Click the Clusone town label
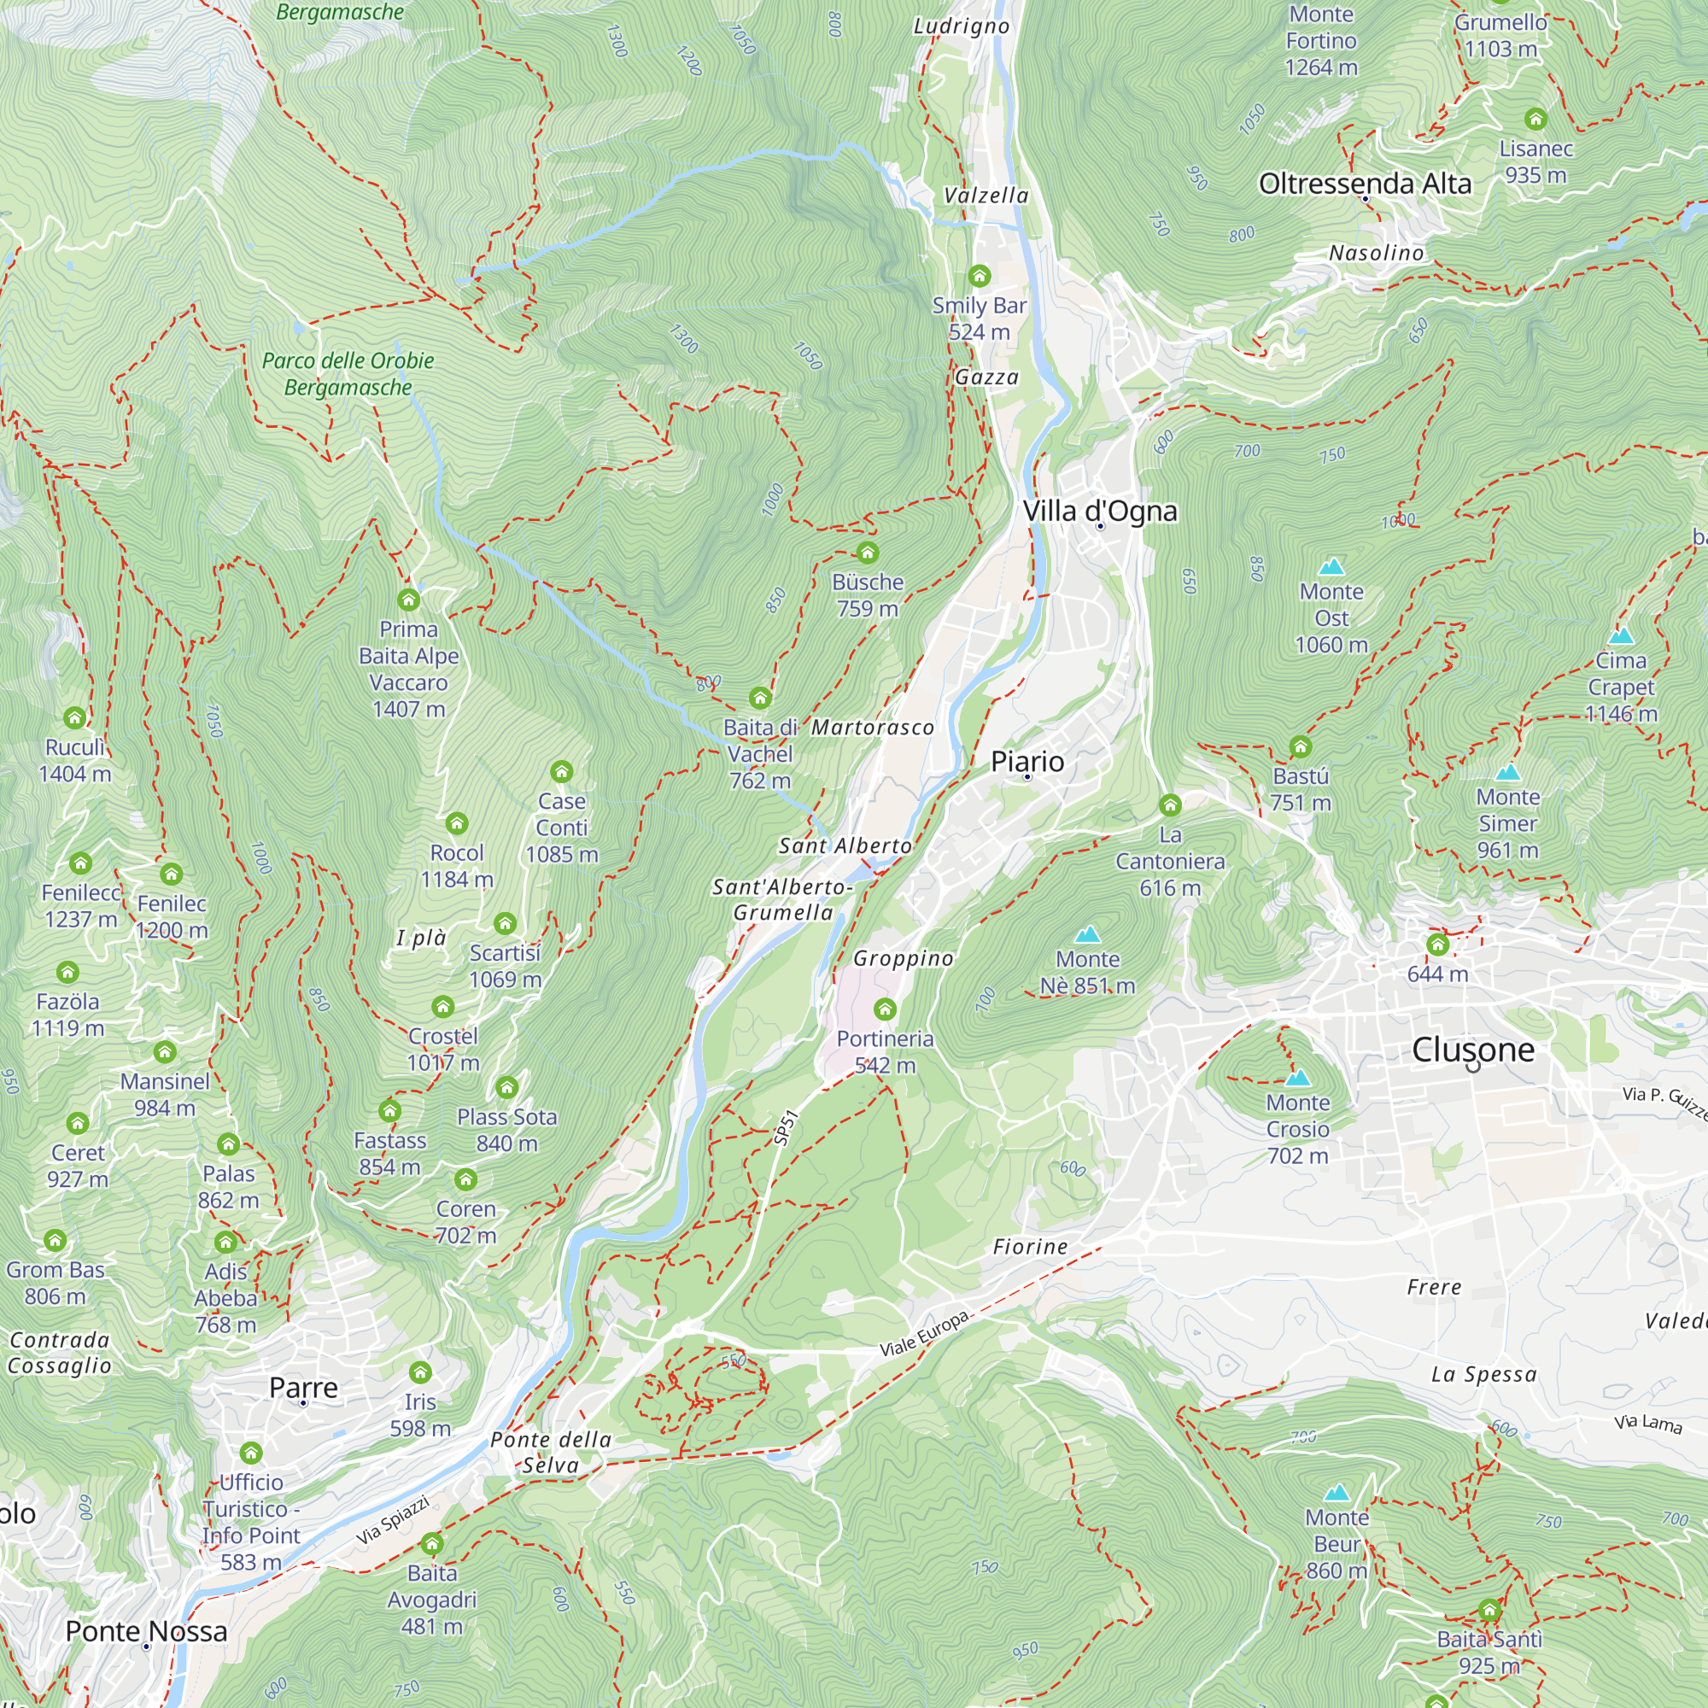pyautogui.click(x=1473, y=1050)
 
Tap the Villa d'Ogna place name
pyautogui.click(x=1100, y=511)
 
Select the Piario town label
pyautogui.click(x=1027, y=761)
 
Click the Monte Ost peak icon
pyautogui.click(x=1331, y=567)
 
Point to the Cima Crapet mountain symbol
pyautogui.click(x=1621, y=635)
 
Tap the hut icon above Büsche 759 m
pyautogui.click(x=868, y=553)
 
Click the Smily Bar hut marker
pyautogui.click(x=979, y=276)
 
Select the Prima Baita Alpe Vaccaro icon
pyautogui.click(x=408, y=600)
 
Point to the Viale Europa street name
pyautogui.click(x=926, y=1334)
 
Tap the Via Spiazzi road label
pyautogui.click(x=393, y=1520)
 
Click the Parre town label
pyautogui.click(x=303, y=1388)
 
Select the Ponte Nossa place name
pyautogui.click(x=147, y=1631)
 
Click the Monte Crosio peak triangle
pyautogui.click(x=1297, y=1078)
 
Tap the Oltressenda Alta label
pyautogui.click(x=1365, y=184)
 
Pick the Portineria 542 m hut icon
pyautogui.click(x=885, y=1009)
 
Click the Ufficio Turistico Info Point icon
pyautogui.click(x=251, y=1453)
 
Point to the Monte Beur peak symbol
pyautogui.click(x=1337, y=1493)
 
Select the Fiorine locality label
pyautogui.click(x=1030, y=1247)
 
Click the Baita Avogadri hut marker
pyautogui.click(x=432, y=1544)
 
